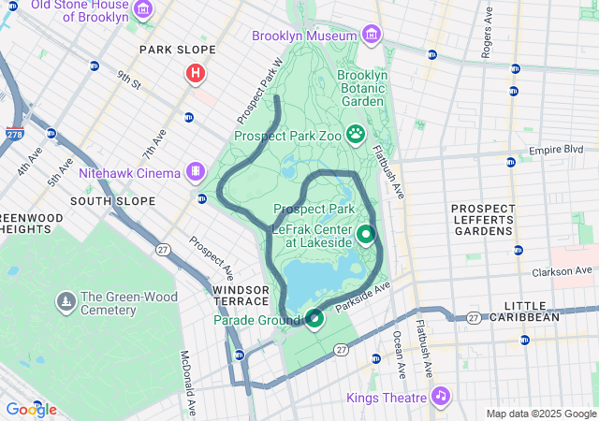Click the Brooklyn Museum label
point(304,36)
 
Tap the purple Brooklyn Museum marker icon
point(372,36)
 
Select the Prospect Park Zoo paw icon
point(356,135)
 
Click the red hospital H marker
point(196,72)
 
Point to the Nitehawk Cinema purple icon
point(195,172)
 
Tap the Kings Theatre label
point(387,398)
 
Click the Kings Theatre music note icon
point(440,397)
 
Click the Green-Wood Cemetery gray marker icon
point(66,301)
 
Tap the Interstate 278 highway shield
point(14,135)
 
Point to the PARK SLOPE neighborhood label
point(177,50)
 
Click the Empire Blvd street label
point(556,150)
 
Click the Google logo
point(31,409)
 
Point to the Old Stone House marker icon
point(143,11)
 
